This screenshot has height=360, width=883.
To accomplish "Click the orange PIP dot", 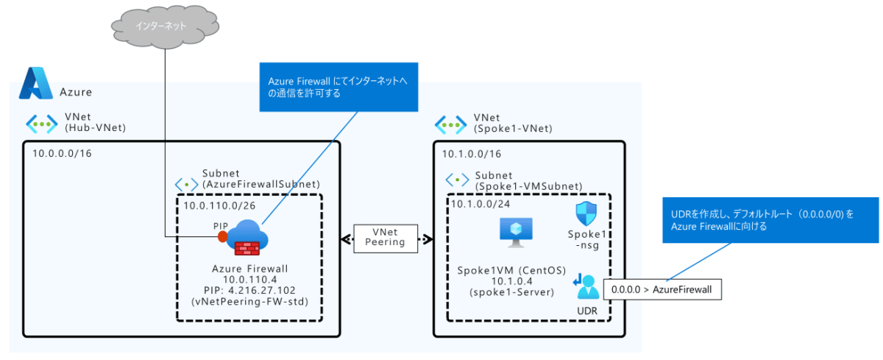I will pyautogui.click(x=223, y=237).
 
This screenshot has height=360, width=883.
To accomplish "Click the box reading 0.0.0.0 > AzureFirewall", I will pyautogui.click(x=662, y=289).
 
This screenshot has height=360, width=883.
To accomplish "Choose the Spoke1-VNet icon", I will pyautogui.click(x=450, y=123).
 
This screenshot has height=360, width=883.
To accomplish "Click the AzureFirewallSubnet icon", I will pyautogui.click(x=185, y=185).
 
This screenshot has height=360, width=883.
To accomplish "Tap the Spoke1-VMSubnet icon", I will pyautogui.click(x=458, y=180).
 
